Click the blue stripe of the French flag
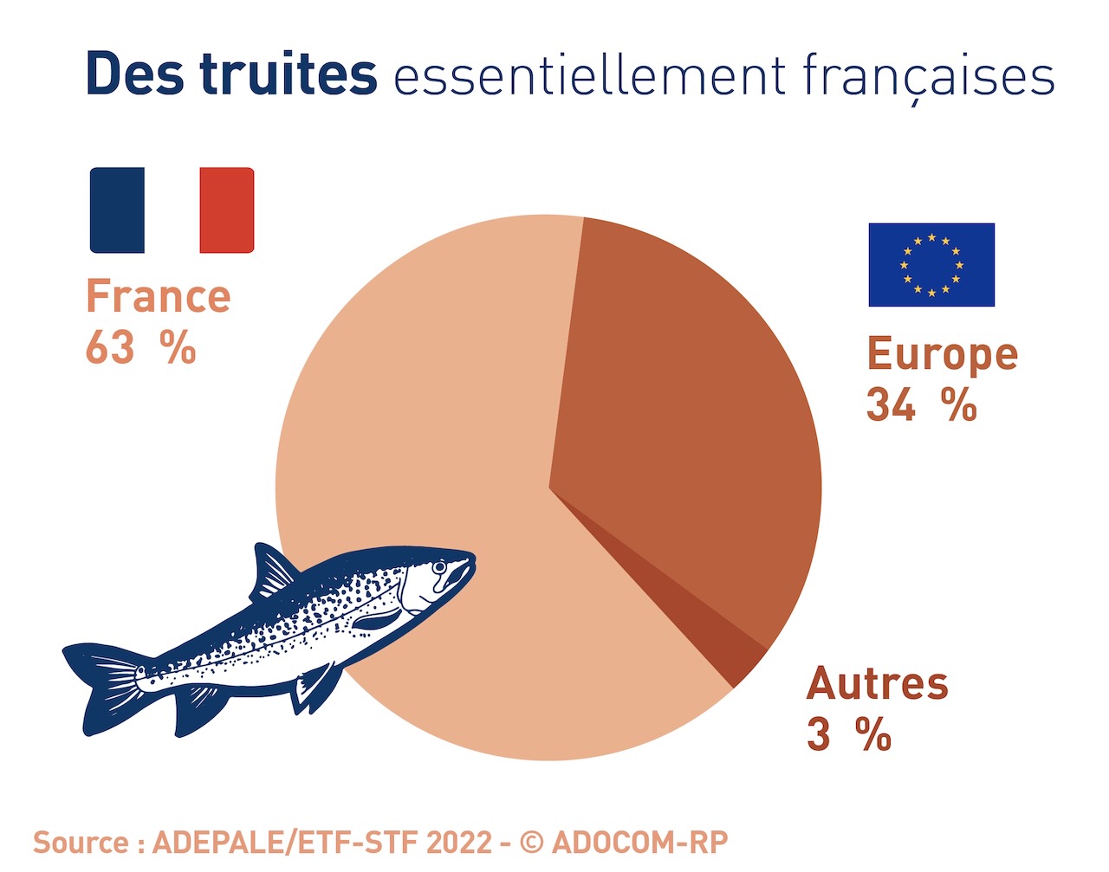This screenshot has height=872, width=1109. (x=117, y=210)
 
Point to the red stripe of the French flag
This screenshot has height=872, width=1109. (x=227, y=210)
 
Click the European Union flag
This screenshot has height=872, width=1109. (x=931, y=265)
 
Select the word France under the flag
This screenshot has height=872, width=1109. (x=159, y=297)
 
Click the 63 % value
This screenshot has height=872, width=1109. (x=140, y=348)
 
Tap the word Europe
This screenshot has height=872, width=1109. (x=943, y=355)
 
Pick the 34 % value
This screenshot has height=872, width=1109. (x=922, y=405)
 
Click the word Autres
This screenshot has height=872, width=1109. (x=878, y=684)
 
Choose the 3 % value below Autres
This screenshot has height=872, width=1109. (x=849, y=735)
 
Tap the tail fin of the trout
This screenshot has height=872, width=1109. (x=100, y=684)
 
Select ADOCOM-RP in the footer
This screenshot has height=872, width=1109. (x=639, y=842)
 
